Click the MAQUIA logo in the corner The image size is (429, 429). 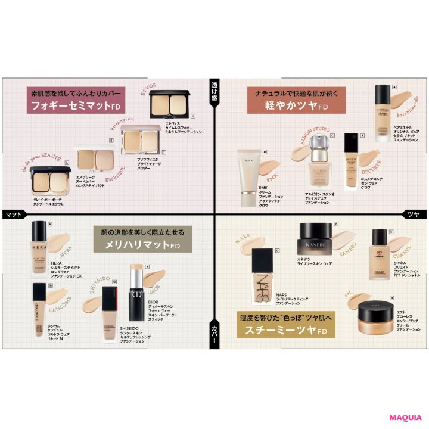pyautogui.click(x=406, y=418)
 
